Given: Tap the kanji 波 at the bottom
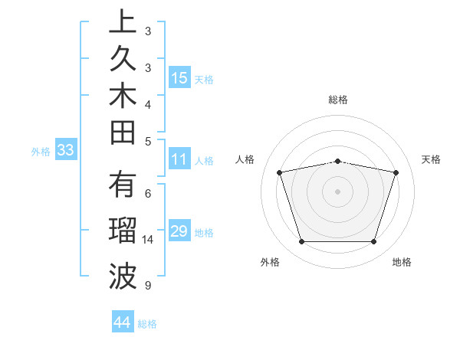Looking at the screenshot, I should pos(123,277).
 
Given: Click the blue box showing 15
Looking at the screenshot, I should pos(179,77).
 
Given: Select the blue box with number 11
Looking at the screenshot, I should pos(179,160).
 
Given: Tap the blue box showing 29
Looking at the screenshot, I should pos(179,231).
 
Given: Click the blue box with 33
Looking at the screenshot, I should pos(66,151).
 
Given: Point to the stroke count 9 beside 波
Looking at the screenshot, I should pos(147,286).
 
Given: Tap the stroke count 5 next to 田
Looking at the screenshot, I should pos(147,141).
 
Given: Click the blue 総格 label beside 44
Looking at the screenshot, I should pos(147,324).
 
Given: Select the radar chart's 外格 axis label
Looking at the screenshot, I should pos(270,262).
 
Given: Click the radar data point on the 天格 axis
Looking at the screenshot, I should pos(396,172).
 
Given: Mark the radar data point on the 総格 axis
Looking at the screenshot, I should pos(338,161).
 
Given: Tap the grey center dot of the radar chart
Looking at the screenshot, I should pos(338,191).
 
